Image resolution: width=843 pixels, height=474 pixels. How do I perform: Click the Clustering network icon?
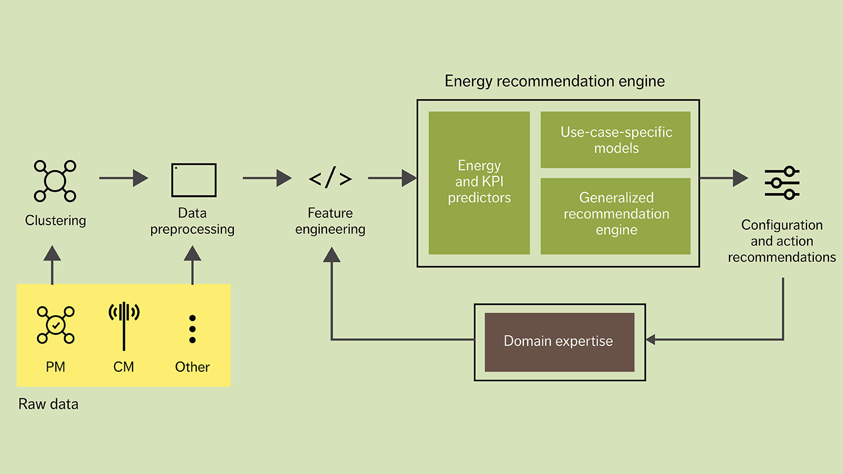click(x=55, y=181)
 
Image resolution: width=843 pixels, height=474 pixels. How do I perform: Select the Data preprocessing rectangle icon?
click(x=194, y=180)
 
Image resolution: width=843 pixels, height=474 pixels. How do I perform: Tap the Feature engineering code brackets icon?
click(x=330, y=179)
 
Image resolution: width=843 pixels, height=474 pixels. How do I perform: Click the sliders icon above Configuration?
click(x=782, y=183)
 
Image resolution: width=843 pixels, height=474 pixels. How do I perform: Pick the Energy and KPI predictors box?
click(x=479, y=183)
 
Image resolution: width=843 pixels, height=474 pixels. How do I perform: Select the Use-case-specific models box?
click(x=615, y=140)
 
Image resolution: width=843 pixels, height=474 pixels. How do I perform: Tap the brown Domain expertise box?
click(x=559, y=342)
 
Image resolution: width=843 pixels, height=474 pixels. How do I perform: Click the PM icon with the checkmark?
click(x=56, y=325)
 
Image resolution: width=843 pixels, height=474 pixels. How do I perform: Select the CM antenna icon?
click(x=124, y=325)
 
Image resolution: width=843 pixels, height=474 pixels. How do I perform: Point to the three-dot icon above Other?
click(x=192, y=329)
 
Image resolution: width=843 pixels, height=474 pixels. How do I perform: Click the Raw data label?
click(x=48, y=404)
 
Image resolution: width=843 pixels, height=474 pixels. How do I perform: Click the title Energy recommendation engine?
click(x=555, y=81)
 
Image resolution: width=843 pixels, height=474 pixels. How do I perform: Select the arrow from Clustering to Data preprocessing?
click(x=123, y=178)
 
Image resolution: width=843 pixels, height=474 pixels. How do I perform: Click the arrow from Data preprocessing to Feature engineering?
click(x=267, y=178)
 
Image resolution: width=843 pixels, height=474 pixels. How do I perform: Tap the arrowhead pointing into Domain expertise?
click(x=651, y=339)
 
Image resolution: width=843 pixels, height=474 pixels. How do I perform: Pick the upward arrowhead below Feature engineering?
click(x=332, y=256)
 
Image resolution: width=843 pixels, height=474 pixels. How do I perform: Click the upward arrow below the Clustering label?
click(x=52, y=264)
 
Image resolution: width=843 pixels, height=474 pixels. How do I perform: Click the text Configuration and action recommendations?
click(x=782, y=241)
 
